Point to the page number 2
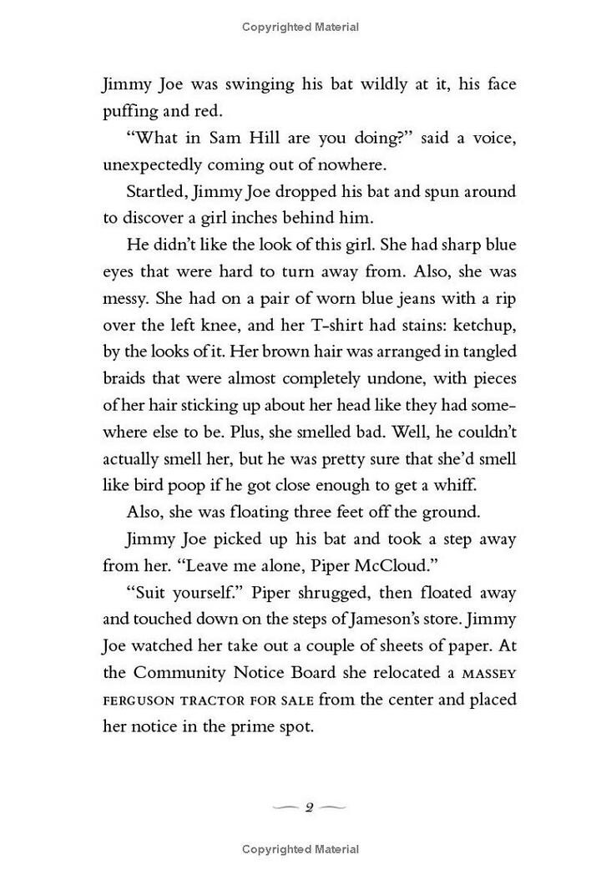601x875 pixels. (308, 807)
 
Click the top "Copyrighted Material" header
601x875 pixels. (300, 28)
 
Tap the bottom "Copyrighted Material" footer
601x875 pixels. (300, 849)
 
